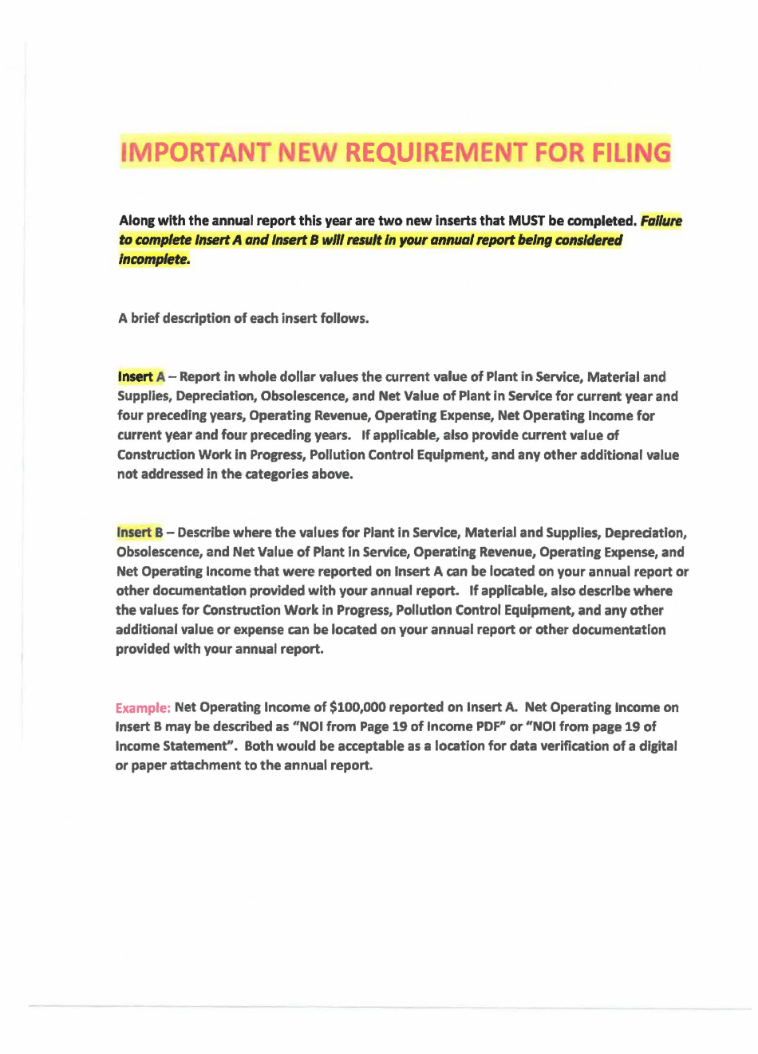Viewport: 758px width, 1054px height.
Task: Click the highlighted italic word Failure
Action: (x=661, y=221)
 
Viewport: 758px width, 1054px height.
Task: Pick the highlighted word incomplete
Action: (x=154, y=259)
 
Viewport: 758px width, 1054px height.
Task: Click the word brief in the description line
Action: (x=148, y=318)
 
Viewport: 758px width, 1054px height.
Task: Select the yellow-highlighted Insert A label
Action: (x=141, y=377)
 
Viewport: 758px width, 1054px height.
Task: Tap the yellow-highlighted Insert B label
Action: (x=140, y=533)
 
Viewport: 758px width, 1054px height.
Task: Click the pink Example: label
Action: (x=143, y=708)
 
